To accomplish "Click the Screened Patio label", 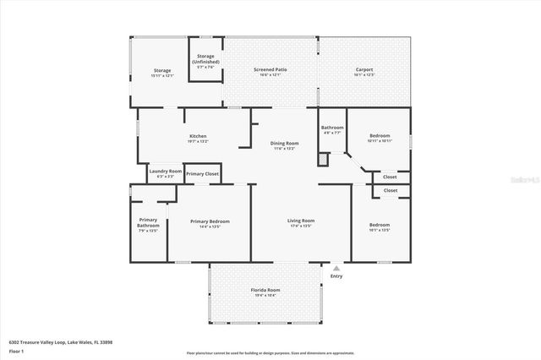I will point(270,69).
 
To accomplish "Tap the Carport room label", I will point(363,69).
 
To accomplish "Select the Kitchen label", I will point(198,136).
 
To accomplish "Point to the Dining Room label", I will point(284,143).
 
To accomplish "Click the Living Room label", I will point(302,221).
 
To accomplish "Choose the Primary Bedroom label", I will point(209,221).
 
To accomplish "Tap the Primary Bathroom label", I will point(148,223).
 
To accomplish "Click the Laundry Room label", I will point(165,171).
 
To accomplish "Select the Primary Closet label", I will point(203,173).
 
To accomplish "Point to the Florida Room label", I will point(265,290).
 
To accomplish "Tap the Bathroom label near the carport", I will point(332,127).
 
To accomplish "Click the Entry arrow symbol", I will point(336,268).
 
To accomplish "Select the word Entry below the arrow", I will point(336,275).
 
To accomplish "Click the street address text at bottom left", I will point(61,342).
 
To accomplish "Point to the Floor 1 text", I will point(17,350).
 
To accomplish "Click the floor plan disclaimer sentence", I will point(270,353).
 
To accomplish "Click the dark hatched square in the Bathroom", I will point(322,158).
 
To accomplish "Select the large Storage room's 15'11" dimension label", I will point(162,75).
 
